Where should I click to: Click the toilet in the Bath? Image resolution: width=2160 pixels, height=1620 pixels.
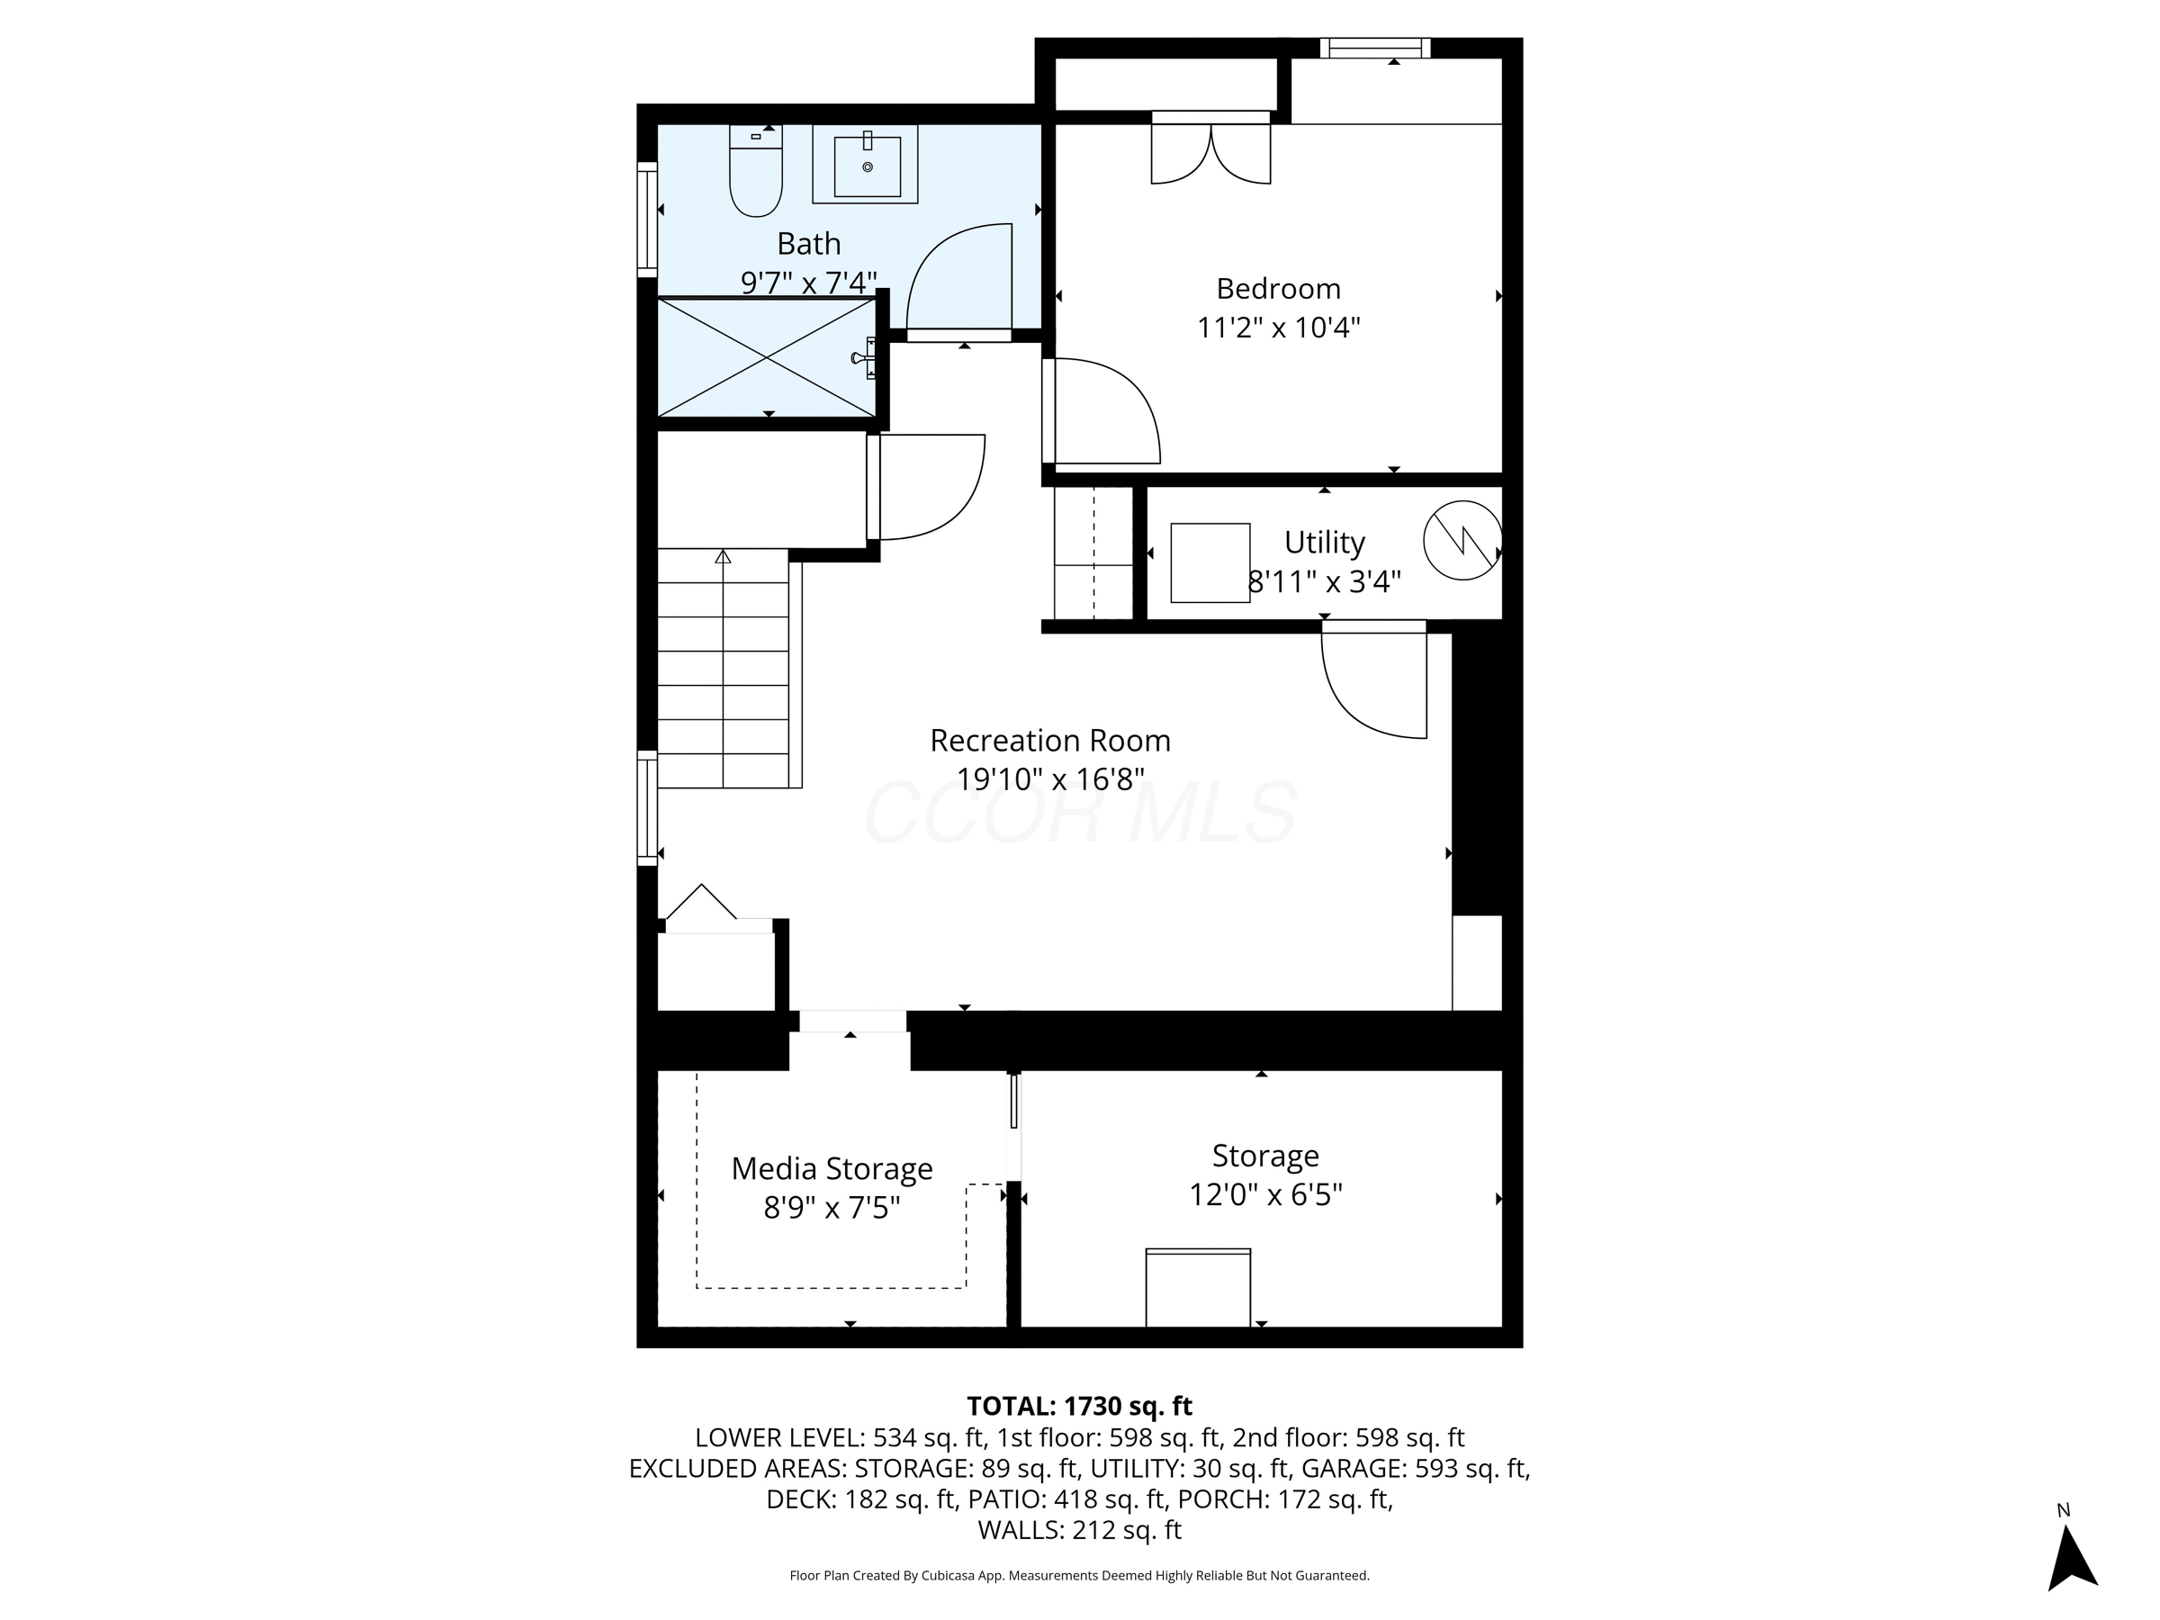(756, 175)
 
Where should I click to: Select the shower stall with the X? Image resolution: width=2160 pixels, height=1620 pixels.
(768, 358)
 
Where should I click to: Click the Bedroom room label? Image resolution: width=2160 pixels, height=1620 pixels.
(1277, 289)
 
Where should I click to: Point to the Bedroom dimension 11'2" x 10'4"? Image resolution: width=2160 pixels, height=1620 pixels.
(1277, 327)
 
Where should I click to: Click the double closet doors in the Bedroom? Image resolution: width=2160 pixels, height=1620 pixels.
(1210, 152)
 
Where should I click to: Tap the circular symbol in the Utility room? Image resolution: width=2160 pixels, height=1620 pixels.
(1462, 540)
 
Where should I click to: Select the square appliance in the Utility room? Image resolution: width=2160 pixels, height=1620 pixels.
(1210, 562)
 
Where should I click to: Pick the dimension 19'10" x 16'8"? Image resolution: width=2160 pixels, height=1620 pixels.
(1049, 780)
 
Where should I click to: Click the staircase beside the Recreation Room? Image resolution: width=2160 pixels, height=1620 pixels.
(724, 670)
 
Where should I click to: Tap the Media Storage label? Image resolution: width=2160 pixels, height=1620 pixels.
(832, 1169)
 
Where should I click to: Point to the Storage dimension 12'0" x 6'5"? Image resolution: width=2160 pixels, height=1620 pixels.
(1265, 1195)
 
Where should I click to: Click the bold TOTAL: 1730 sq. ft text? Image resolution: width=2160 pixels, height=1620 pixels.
(1079, 1406)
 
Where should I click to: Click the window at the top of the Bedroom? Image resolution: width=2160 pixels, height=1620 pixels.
(1375, 48)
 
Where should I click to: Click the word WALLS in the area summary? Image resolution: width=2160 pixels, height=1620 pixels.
(1020, 1530)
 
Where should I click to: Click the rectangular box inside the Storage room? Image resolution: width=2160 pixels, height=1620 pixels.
(1198, 1288)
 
